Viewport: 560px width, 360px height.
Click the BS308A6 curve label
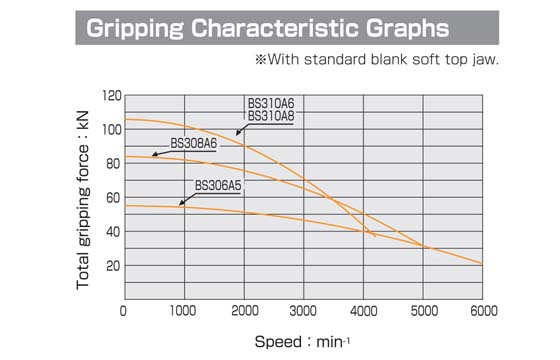pos(193,143)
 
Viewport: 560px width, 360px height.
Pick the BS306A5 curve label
pos(217,184)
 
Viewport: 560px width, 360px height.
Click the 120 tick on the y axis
pos(109,96)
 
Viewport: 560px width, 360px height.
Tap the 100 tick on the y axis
pos(109,130)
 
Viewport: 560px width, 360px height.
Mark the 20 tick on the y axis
pos(112,266)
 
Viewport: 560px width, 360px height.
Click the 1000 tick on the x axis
pos(183,311)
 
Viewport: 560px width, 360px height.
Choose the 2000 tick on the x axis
pos(243,311)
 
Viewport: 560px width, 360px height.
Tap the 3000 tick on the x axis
pos(303,311)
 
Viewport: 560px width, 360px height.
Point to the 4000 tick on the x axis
pos(363,311)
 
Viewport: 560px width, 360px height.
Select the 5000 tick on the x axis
pos(423,311)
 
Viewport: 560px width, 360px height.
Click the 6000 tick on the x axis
pos(483,311)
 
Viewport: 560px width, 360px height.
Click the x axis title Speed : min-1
pos(303,341)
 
